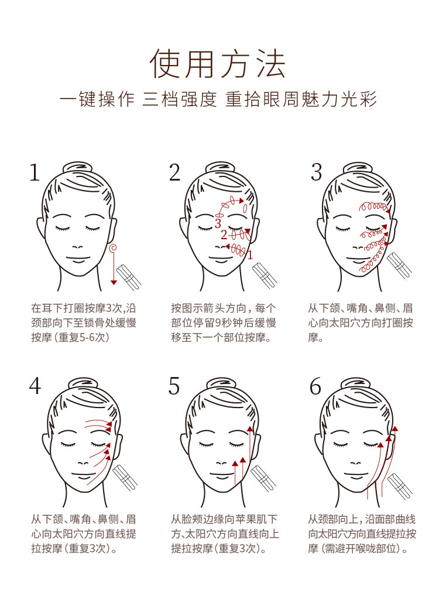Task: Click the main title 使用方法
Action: pos(217,64)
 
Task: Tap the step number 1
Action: pos(35,172)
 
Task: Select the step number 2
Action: pos(174,172)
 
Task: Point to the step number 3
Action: pos(316,172)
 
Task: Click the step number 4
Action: pos(35,386)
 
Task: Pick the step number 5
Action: pos(174,386)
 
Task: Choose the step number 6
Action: pos(315,386)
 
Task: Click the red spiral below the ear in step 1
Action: pos(113,248)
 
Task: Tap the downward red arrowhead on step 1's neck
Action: pos(114,283)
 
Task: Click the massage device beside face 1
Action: pos(130,276)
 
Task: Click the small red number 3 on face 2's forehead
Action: pos(218,223)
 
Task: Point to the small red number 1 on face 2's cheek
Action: pos(251,255)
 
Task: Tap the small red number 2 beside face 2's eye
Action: pos(224,235)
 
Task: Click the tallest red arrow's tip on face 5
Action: pos(251,427)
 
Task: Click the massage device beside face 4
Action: pos(125,478)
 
